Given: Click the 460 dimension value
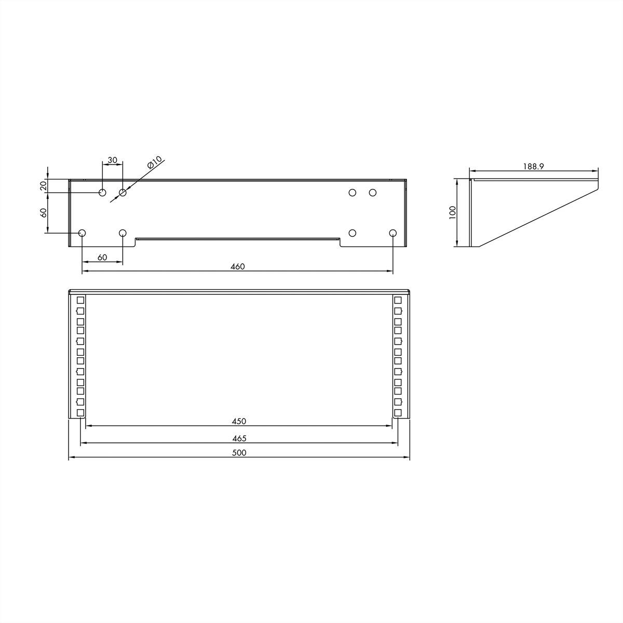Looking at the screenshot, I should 237,266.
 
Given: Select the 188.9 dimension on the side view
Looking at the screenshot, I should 534,166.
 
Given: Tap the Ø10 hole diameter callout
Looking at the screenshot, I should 155,162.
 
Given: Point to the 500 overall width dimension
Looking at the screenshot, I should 239,453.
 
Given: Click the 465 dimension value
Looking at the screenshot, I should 239,438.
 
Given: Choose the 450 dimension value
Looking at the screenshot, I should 239,421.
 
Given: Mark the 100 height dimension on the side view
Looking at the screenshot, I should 452,213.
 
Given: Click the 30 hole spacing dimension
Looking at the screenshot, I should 113,159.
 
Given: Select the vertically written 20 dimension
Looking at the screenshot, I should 44,185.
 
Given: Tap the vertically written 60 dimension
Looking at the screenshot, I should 44,212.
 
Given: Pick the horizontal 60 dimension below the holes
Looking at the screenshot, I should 102,258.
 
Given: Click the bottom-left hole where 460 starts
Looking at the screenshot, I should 82,233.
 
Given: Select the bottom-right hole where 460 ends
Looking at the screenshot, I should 392,233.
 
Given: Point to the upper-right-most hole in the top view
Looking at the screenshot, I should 372,193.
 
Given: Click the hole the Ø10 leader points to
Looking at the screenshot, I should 123,193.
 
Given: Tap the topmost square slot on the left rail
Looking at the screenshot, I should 80,300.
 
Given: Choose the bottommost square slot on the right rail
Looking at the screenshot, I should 398,413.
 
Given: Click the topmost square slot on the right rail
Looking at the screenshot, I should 398,300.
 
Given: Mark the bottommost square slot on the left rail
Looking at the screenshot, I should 80,413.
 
